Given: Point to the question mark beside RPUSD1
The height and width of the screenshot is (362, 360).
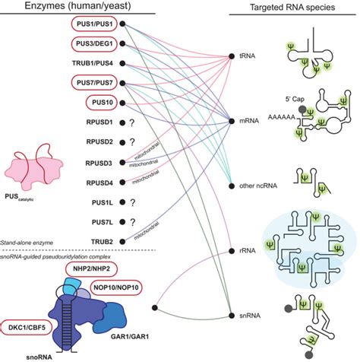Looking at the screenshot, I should [133, 122].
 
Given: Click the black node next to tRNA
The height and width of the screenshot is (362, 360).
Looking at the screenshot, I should [232, 57].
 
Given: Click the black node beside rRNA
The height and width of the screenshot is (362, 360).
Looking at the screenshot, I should [232, 251].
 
